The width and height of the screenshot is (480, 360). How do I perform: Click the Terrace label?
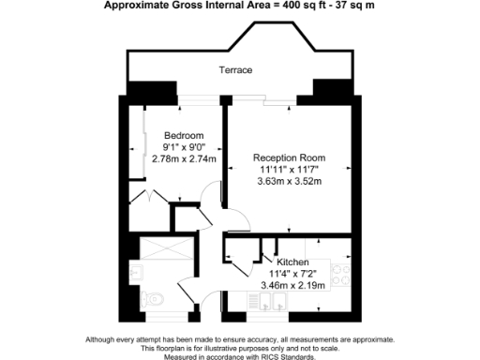(x=235, y=70)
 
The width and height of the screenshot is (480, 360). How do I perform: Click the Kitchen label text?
(x=292, y=262)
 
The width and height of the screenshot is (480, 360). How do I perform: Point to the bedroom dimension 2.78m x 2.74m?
(x=184, y=159)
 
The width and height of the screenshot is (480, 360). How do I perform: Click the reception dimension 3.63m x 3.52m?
(x=289, y=182)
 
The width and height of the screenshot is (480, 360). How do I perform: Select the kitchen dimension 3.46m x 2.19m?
(x=292, y=284)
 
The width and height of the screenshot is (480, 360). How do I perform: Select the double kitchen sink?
(x=273, y=302)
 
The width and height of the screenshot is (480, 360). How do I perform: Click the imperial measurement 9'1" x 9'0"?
(x=184, y=147)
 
